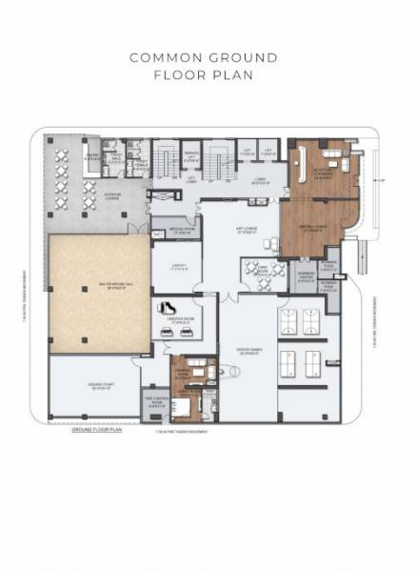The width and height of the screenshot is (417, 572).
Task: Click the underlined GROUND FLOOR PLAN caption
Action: [98, 431]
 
